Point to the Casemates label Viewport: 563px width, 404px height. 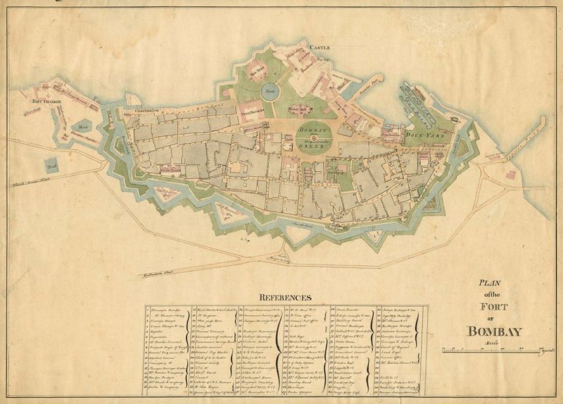click(x=146, y=111)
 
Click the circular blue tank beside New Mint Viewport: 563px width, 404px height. click(x=270, y=92)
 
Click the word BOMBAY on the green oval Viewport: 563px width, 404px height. click(x=315, y=132)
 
